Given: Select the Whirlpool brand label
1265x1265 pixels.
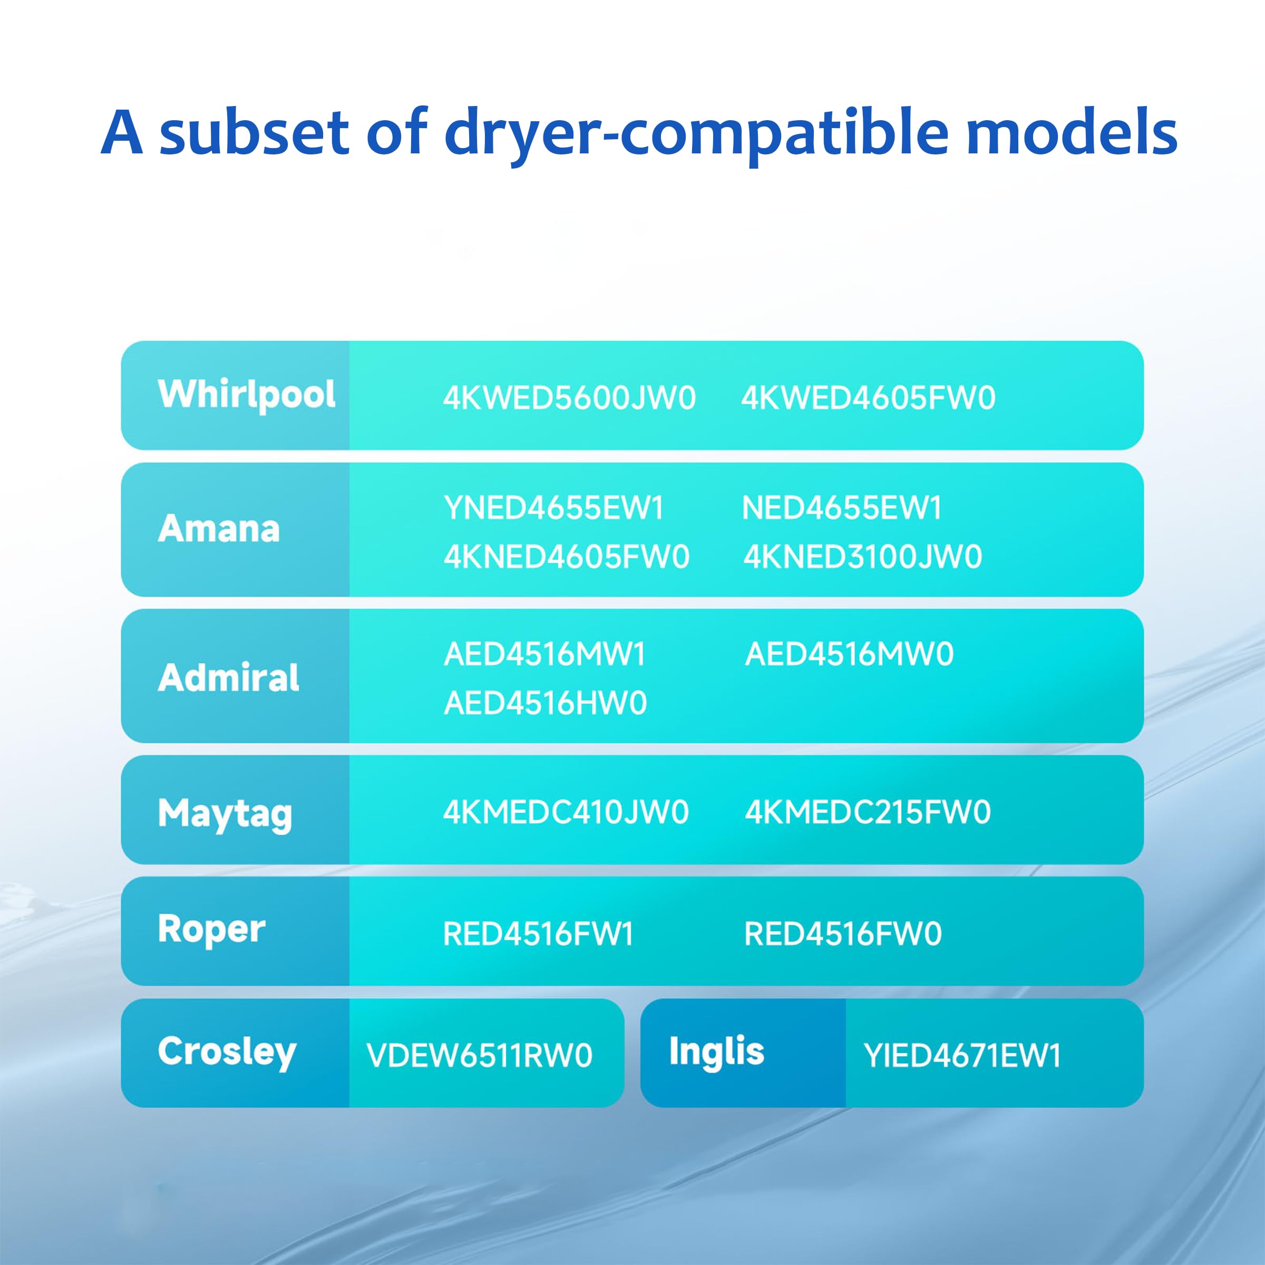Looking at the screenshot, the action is coord(247,395).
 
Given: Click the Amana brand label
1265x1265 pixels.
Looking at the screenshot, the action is coord(219,529).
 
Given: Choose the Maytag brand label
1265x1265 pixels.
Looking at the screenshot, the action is coord(225,814).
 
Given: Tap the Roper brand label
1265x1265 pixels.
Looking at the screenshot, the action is coord(211,930).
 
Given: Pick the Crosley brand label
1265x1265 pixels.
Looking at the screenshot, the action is coord(227,1052).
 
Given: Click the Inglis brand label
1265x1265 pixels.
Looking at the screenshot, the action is coord(716,1052).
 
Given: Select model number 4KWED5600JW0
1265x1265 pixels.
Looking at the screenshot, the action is coord(569,398).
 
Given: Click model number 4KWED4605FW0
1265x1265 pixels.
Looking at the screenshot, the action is coord(868,398).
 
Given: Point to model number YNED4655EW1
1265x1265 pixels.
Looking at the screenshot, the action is coord(554,508).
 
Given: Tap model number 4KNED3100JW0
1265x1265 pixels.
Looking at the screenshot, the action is coord(863,557).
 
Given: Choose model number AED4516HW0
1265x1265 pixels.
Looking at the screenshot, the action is coord(546,704).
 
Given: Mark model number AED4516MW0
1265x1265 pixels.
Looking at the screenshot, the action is coord(849,654).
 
